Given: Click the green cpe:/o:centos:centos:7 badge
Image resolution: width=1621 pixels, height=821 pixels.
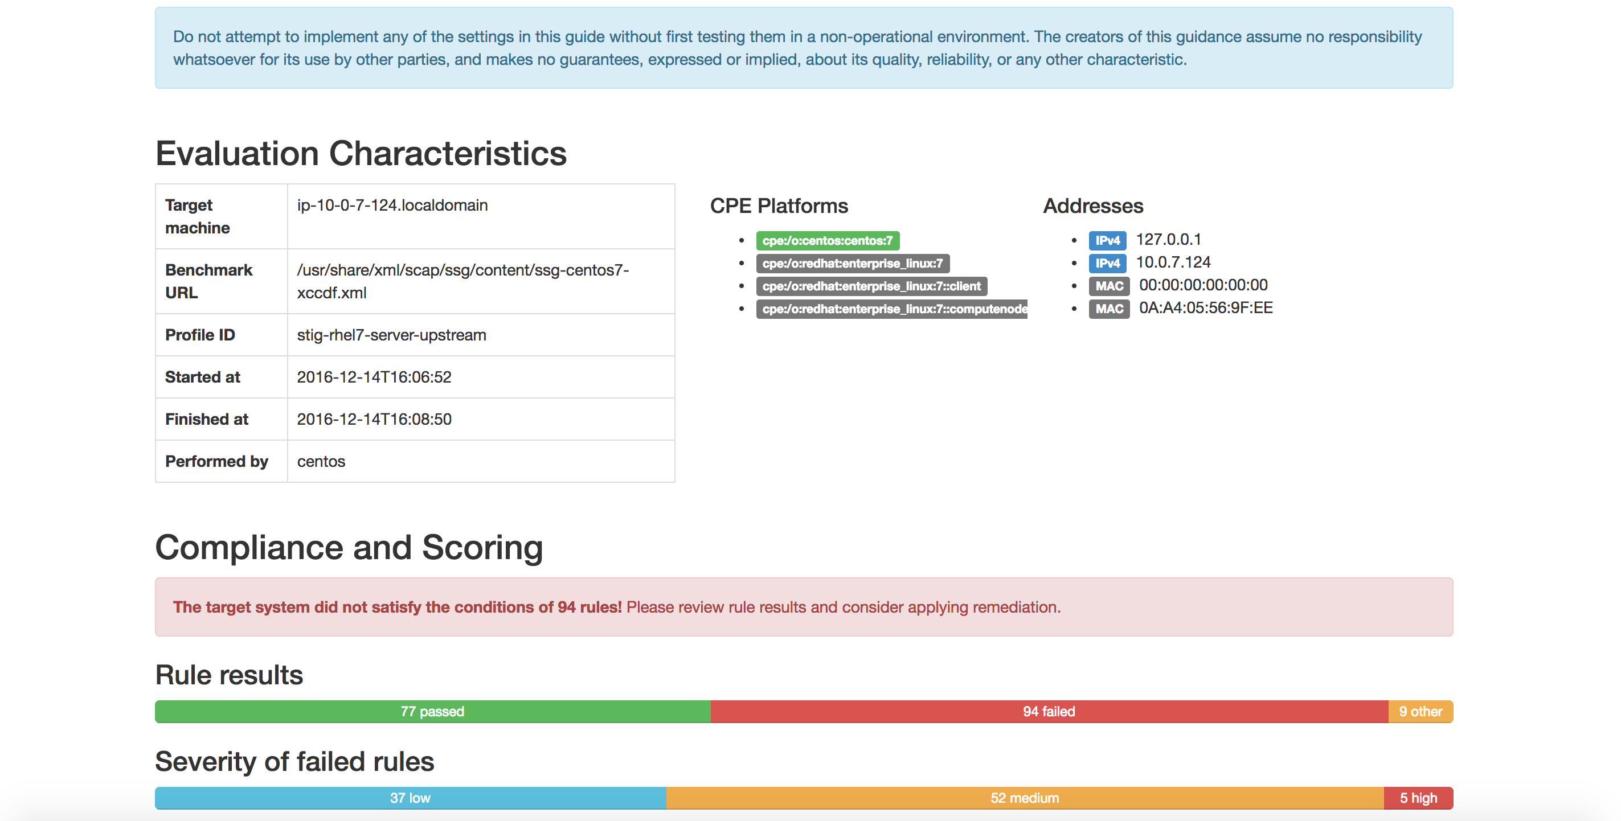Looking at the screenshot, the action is click(x=828, y=240).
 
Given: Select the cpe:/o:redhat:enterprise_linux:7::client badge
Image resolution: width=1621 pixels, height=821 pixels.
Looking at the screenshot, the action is click(x=871, y=286).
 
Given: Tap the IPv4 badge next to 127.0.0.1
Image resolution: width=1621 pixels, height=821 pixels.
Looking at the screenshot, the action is click(x=1107, y=240).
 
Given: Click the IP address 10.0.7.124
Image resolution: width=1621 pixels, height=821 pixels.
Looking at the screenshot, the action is click(x=1173, y=262).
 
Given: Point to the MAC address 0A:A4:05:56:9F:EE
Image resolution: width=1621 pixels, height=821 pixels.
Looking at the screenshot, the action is click(x=1206, y=307).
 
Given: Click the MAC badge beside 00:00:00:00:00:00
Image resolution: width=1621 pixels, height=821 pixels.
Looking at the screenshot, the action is click(x=1110, y=286).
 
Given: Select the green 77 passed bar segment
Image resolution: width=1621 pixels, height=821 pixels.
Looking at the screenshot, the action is click(x=432, y=712).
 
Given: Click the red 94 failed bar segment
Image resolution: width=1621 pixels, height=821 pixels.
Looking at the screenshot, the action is click(x=1049, y=712).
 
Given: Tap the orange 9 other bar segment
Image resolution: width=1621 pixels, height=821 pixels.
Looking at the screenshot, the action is click(x=1421, y=712).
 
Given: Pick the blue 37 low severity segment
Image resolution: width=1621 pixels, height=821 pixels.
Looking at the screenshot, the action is click(x=410, y=798).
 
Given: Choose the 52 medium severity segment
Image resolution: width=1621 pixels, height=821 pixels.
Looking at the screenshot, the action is click(x=1025, y=798).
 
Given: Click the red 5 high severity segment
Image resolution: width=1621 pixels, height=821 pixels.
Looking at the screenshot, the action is click(x=1418, y=798).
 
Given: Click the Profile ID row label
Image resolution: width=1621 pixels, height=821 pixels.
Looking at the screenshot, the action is click(x=200, y=335).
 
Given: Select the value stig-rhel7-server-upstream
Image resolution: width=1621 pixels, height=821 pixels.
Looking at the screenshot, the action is click(x=391, y=335).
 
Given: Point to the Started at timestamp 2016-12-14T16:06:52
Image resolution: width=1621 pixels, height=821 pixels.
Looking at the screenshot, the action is click(x=374, y=377).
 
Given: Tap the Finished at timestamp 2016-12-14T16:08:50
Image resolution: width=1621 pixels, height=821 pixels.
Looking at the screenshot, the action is click(x=374, y=419).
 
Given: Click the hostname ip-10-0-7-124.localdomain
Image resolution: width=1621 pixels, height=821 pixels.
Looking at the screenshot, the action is click(x=392, y=205).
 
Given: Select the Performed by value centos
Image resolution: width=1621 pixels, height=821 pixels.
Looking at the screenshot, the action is click(x=321, y=461).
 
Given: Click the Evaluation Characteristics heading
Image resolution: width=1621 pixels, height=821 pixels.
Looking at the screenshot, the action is click(x=361, y=154).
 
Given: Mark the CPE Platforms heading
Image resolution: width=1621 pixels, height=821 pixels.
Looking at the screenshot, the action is click(x=779, y=206).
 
